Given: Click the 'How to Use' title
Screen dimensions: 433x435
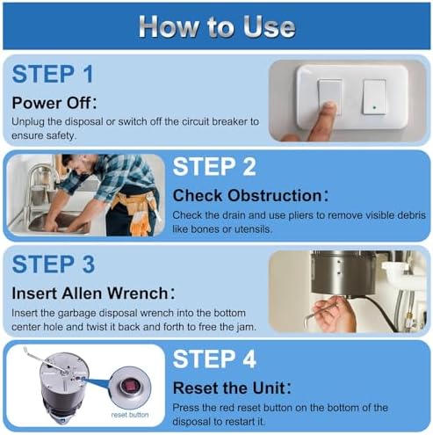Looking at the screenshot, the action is pos(217,27).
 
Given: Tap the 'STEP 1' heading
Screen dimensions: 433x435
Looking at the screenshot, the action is pos(53,74).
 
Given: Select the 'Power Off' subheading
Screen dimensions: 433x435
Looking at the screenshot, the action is pos(54,103).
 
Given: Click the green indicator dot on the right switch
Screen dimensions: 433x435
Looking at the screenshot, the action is pos(374,107).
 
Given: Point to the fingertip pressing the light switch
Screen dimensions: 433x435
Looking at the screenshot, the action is pos(330,107).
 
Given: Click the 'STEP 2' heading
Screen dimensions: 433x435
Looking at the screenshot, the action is pos(214,167).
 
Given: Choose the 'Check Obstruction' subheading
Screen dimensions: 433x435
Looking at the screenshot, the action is pos(250,195).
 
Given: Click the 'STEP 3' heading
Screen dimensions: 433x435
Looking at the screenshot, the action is pos(54,265).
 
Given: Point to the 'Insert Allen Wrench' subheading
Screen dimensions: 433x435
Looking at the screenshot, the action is pos(93,293).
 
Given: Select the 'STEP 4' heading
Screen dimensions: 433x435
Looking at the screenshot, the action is pos(214,359).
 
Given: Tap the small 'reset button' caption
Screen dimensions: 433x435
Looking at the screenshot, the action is pos(130,415).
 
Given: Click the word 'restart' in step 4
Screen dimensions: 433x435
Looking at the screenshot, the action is pos(237,422).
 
